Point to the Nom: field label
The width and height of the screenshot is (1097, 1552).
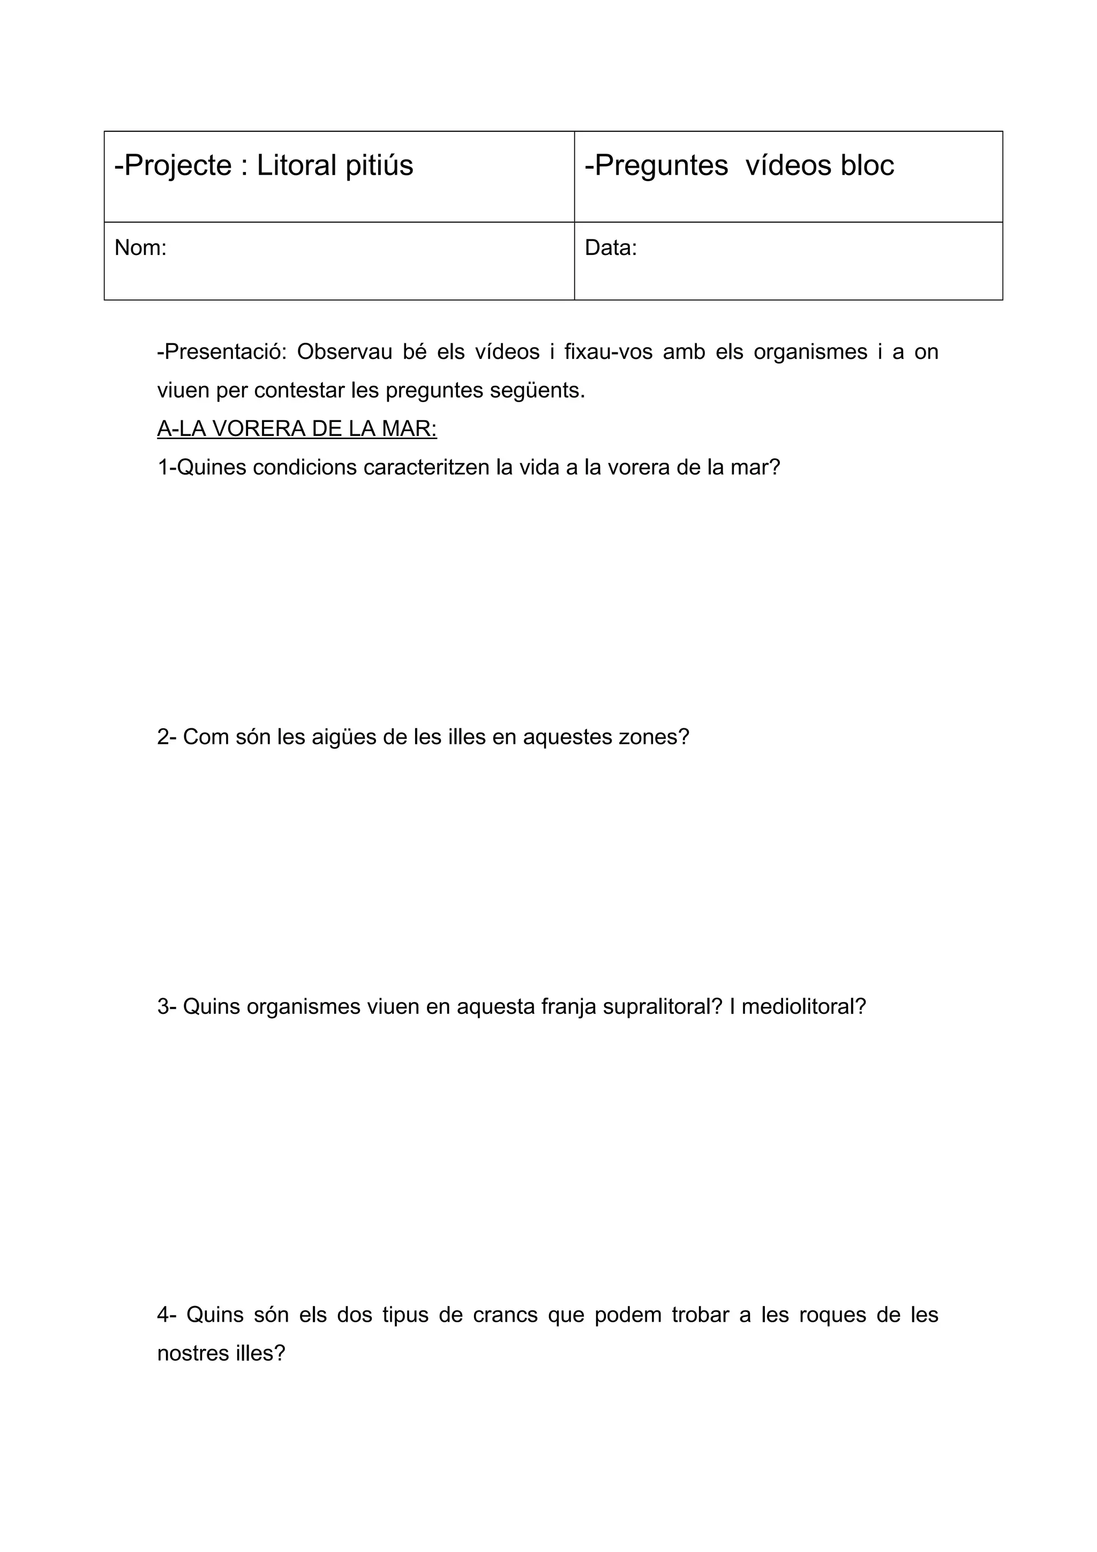pos(140,248)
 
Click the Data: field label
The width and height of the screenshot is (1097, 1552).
pos(610,248)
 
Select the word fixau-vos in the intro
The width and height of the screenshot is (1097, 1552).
pos(608,352)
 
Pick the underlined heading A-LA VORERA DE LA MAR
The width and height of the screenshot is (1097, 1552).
pos(297,428)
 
